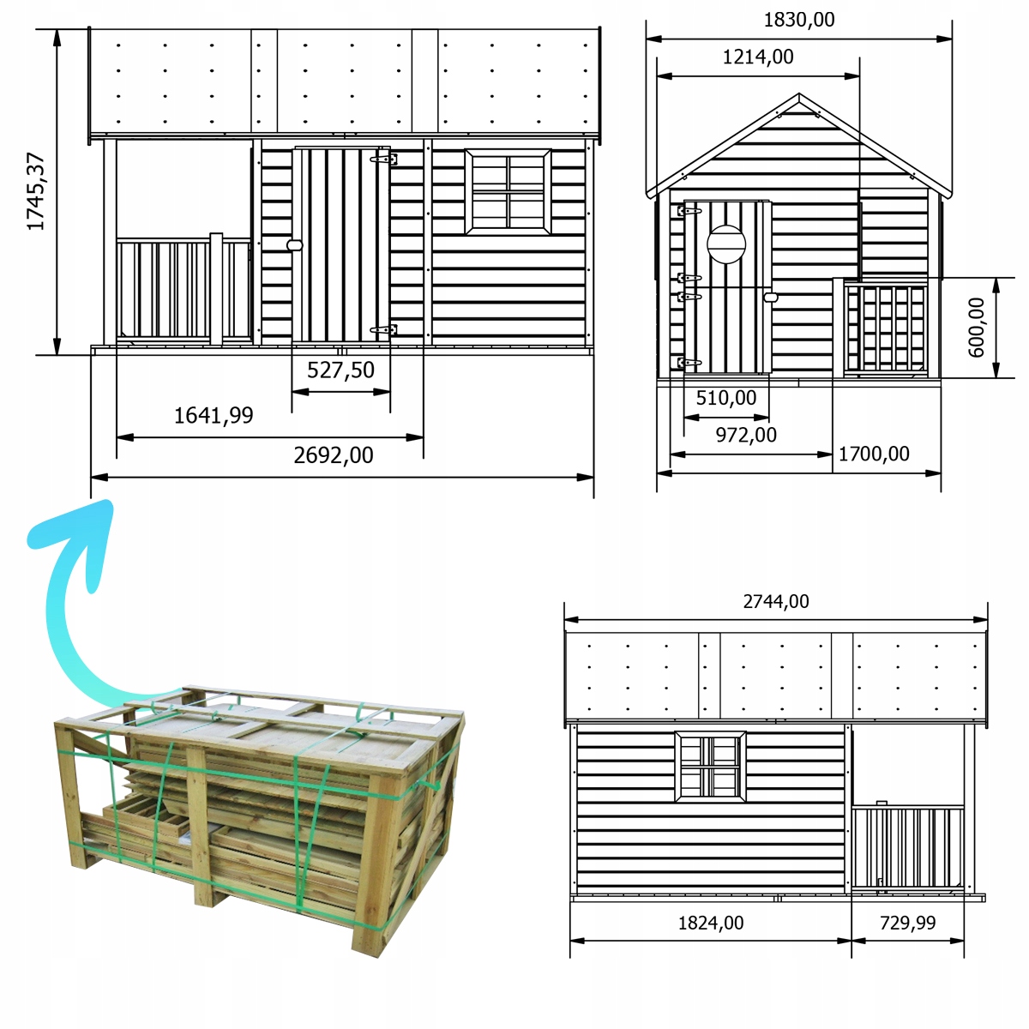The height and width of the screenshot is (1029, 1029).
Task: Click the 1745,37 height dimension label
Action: pyautogui.click(x=36, y=192)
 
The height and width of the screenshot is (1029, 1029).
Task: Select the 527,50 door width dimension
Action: pyautogui.click(x=340, y=370)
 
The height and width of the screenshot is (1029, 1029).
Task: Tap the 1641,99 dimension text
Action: pyautogui.click(x=214, y=415)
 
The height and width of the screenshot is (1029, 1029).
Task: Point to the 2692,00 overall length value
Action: pyautogui.click(x=334, y=455)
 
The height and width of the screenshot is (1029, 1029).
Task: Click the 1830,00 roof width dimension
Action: pyautogui.click(x=799, y=20)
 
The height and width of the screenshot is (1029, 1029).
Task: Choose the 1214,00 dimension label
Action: pyautogui.click(x=758, y=57)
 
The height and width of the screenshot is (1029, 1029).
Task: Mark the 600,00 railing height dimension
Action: pyautogui.click(x=977, y=328)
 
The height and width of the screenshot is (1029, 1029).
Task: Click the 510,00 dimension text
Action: pyautogui.click(x=726, y=398)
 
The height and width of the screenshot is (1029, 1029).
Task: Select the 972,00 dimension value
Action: pyautogui.click(x=746, y=436)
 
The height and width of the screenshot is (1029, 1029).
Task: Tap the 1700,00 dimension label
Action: pyautogui.click(x=874, y=454)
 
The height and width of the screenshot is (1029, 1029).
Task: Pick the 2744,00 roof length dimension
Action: pyautogui.click(x=776, y=602)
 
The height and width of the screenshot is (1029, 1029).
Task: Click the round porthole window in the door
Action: pyautogui.click(x=726, y=244)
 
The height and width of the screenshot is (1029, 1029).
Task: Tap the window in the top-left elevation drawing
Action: pyautogui.click(x=508, y=192)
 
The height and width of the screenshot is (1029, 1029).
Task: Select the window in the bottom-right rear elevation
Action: pyautogui.click(x=710, y=767)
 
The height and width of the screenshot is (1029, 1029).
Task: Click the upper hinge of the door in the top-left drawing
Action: pyautogui.click(x=384, y=159)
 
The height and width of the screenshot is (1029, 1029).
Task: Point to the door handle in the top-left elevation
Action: pyautogui.click(x=295, y=245)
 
